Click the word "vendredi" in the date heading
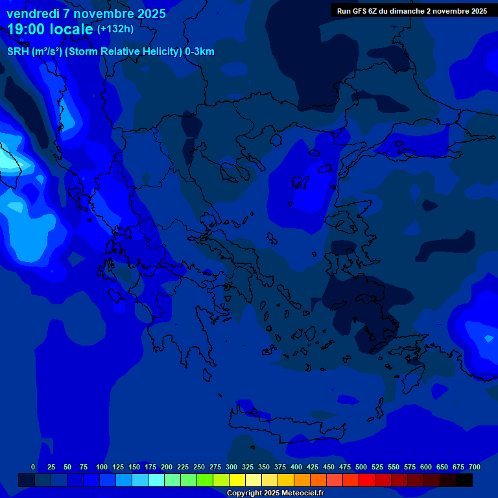pyautogui.click(x=32, y=14)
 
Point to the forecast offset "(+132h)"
pyautogui.click(x=115, y=29)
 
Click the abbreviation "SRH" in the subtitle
pyautogui.click(x=18, y=52)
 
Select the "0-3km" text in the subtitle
pyautogui.click(x=200, y=52)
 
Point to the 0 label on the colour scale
pyautogui.click(x=33, y=467)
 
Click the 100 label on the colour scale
pyautogui.click(x=102, y=467)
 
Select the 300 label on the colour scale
pyautogui.click(x=231, y=467)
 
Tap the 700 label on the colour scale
pyautogui.click(x=475, y=467)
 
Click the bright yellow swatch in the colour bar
pyautogui.click(x=237, y=480)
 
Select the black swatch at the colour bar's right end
pyautogui.click(x=464, y=480)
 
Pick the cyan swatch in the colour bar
pyautogui.click(x=156, y=480)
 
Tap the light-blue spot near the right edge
pyautogui.click(x=488, y=338)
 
